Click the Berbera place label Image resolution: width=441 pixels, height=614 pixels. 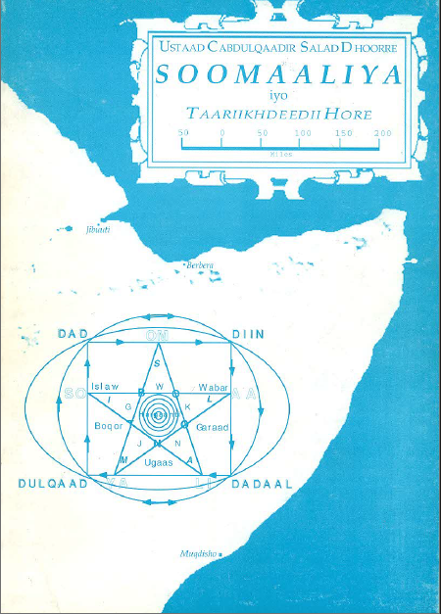pos(200,264)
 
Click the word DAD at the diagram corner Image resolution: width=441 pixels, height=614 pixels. pos(73,334)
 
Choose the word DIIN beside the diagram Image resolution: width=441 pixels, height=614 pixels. pos(248,334)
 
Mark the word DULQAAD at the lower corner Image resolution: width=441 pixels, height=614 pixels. pos(53,484)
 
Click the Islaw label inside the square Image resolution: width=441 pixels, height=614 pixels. pos(105,387)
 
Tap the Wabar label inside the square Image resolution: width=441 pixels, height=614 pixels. pos(213,387)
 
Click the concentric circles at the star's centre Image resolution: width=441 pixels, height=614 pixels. pos(157,412)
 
